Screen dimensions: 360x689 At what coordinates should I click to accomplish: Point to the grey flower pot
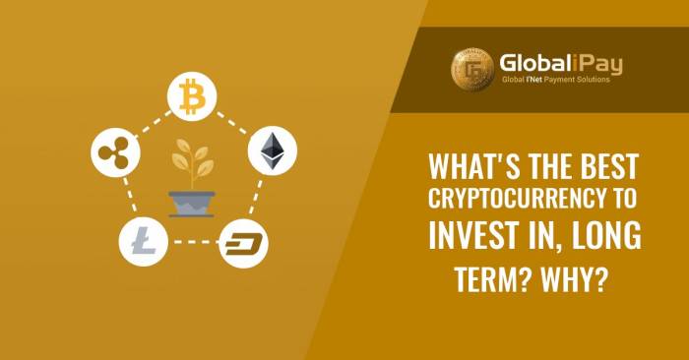[191, 201]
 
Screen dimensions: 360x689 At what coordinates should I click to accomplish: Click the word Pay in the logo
[605, 64]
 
